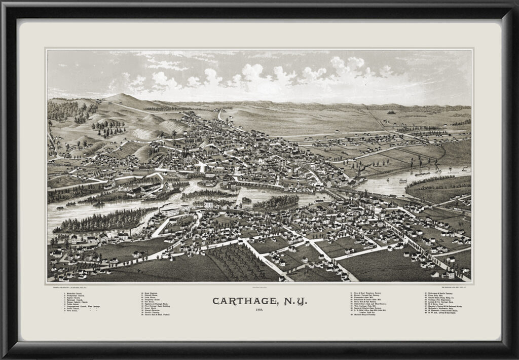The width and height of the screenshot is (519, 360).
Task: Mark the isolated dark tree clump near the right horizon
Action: [x=391, y=111]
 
